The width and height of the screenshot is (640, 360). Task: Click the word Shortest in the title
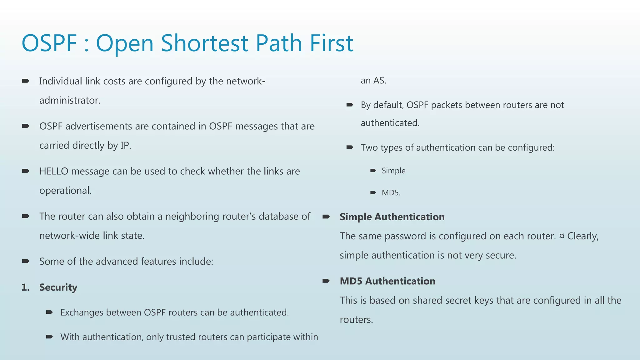[x=204, y=43]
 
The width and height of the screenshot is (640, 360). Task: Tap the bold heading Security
[x=58, y=287]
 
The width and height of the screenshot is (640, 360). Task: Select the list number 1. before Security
[x=25, y=287]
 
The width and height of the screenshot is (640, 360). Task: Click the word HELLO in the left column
[x=54, y=171]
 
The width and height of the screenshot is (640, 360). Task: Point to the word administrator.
[x=70, y=100]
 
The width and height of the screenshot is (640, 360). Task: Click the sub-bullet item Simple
[x=393, y=171]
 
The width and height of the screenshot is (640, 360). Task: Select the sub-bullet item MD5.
[x=391, y=192]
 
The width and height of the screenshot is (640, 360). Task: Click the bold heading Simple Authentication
[x=392, y=217]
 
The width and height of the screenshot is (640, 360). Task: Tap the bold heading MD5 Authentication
[x=387, y=281]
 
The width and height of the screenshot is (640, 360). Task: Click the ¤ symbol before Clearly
[x=562, y=236]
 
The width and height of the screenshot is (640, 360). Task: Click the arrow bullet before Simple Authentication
[x=326, y=217]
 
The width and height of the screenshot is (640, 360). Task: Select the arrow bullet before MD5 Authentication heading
[x=326, y=281]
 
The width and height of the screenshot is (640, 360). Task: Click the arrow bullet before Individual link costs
[x=26, y=81]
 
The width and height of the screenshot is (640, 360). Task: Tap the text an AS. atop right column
[x=373, y=81]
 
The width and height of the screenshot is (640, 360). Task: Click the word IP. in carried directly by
[x=126, y=146]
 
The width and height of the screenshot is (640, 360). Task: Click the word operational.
[x=65, y=190]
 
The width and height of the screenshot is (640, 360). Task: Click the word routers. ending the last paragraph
[x=356, y=320]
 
